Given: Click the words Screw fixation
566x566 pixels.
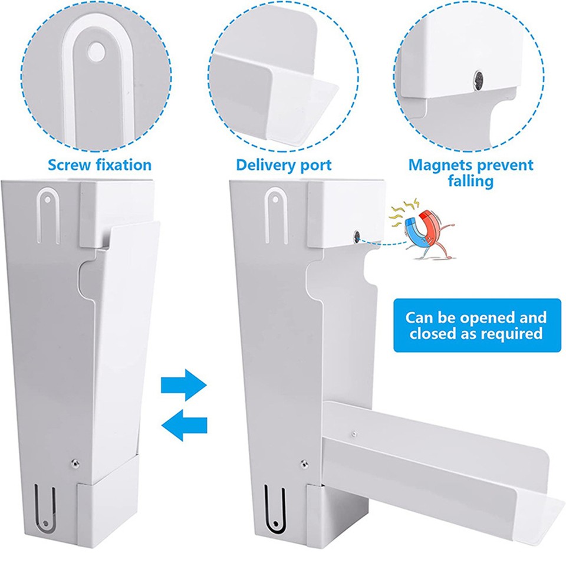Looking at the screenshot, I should (x=100, y=165).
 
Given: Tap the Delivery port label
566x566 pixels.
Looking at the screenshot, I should (x=284, y=165).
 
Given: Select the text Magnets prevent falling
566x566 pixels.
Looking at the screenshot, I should (x=470, y=173).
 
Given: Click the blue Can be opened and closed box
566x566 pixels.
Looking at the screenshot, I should (x=474, y=325).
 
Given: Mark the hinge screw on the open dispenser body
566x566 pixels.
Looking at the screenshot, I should (x=303, y=463).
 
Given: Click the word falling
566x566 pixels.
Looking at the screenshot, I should (x=470, y=181).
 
